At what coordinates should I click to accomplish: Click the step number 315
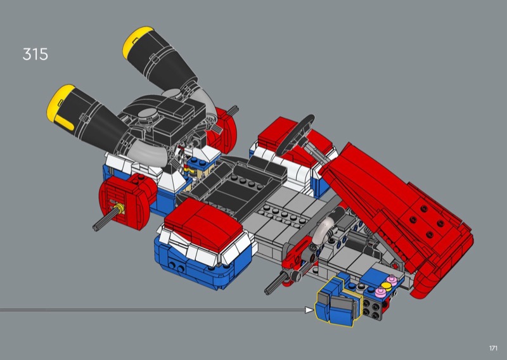pyautogui.click(x=35, y=54)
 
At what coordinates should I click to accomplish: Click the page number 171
pyautogui.click(x=493, y=348)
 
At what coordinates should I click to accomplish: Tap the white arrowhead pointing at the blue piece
pyautogui.click(x=309, y=310)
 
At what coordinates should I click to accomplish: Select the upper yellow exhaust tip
pyautogui.click(x=136, y=41)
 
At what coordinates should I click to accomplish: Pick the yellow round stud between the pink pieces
pyautogui.click(x=386, y=286)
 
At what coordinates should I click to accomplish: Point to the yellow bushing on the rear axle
pyautogui.click(x=120, y=209)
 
